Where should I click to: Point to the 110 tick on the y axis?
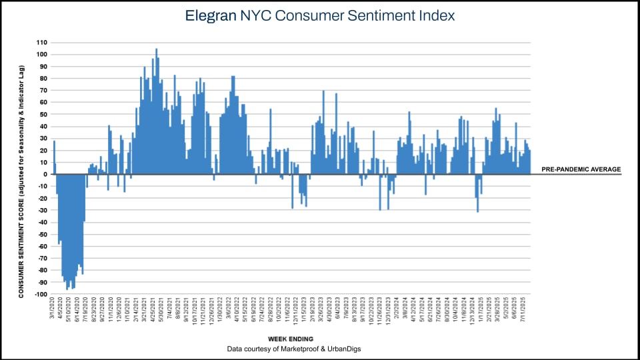[x=42, y=42]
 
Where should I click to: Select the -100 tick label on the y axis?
[x=41, y=294]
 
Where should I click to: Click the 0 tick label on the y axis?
[x=45, y=174]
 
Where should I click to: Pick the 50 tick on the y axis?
[x=43, y=114]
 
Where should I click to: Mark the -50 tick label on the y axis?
[x=42, y=234]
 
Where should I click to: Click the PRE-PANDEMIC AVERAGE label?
[x=581, y=169]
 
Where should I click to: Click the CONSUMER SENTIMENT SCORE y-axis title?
[x=21, y=181]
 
